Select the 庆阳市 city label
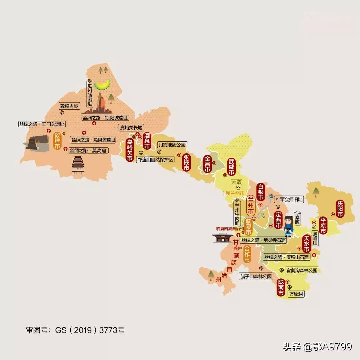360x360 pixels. click(x=340, y=209)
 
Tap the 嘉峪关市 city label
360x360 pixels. click(x=130, y=150)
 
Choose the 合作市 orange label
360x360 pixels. click(x=247, y=254)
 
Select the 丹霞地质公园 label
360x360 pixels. click(x=172, y=145)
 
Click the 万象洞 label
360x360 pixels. click(x=297, y=294)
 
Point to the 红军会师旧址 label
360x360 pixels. click(x=289, y=200)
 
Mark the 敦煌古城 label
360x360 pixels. click(x=69, y=106)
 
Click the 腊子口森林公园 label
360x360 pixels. click(x=256, y=276)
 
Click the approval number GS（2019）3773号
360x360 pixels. click(x=75, y=330)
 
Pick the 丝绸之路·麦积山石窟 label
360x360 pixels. click(x=286, y=257)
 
